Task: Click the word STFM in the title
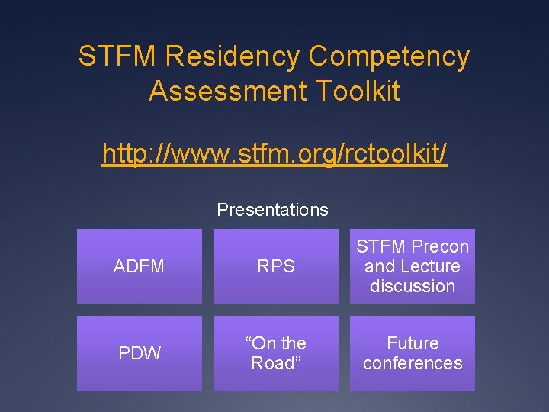click(x=117, y=56)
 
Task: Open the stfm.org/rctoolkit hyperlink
click(x=274, y=154)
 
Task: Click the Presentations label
click(x=272, y=210)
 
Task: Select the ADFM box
click(x=139, y=266)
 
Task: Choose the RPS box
click(x=275, y=266)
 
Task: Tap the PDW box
click(x=139, y=353)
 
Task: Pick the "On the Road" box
click(x=275, y=353)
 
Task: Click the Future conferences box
click(x=413, y=353)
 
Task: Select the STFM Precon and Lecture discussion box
click(x=413, y=266)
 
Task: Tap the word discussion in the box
click(x=413, y=286)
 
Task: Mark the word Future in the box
click(x=413, y=343)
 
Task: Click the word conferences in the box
click(x=413, y=363)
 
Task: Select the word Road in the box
click(x=275, y=363)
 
